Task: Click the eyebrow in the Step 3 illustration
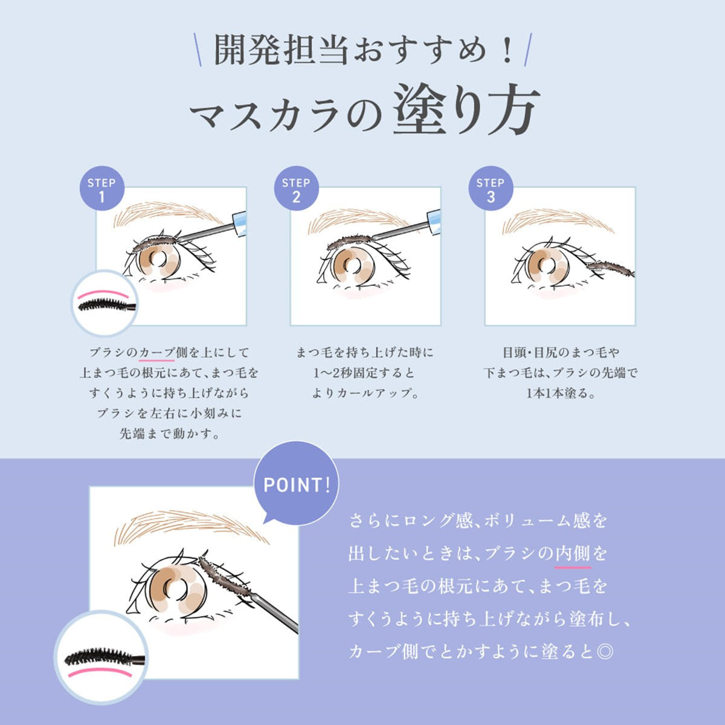[558, 221]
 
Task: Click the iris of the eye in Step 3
[548, 267]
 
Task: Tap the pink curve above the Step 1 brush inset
[103, 292]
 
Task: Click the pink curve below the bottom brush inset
[100, 672]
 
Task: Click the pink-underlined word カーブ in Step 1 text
[156, 352]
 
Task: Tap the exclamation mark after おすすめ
[508, 50]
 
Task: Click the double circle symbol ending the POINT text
[605, 652]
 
